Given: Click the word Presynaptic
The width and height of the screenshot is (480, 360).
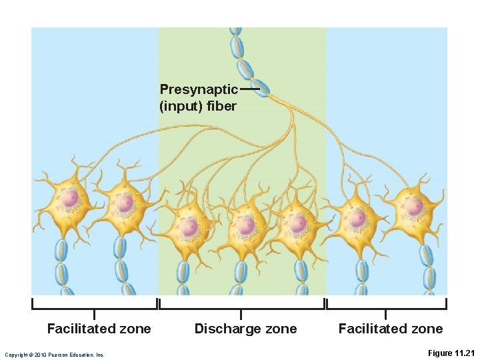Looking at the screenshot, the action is (199, 89).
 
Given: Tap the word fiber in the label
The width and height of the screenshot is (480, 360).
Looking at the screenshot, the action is (223, 106).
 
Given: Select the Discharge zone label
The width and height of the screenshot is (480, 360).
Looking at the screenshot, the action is (245, 328).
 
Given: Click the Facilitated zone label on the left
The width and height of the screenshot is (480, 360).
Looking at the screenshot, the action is (99, 328).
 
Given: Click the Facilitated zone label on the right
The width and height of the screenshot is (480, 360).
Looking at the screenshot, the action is (390, 328).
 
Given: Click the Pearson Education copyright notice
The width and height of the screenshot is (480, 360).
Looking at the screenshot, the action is (54, 355).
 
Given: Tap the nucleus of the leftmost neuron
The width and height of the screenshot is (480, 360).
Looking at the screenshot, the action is (71, 198).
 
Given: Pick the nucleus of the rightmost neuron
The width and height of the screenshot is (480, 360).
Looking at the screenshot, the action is (415, 206).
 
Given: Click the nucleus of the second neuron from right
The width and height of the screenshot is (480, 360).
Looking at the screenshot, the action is (359, 217).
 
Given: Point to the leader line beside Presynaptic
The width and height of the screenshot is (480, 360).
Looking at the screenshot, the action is (249, 89).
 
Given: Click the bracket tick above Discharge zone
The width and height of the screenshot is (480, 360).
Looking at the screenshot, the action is (241, 313).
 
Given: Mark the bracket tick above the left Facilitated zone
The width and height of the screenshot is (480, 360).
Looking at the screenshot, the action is (94, 313).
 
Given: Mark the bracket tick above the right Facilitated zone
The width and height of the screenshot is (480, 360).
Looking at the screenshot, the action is (385, 313).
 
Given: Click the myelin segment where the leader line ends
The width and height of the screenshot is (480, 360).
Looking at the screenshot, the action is (261, 87).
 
